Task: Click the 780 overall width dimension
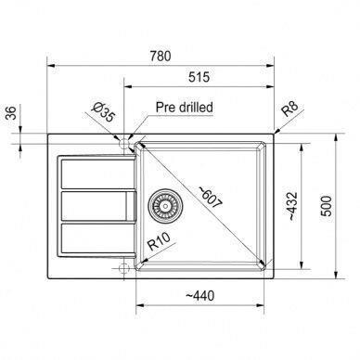[x=161, y=56]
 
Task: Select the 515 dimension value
[x=199, y=77]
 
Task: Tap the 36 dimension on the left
[x=11, y=113]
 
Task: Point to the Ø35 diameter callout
[x=104, y=111]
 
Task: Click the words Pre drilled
[x=185, y=107]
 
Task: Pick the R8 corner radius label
[x=289, y=109]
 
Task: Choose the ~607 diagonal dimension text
[x=211, y=197]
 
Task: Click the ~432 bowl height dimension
[x=292, y=206]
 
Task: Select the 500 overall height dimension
[x=326, y=206]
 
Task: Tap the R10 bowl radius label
[x=159, y=241]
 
